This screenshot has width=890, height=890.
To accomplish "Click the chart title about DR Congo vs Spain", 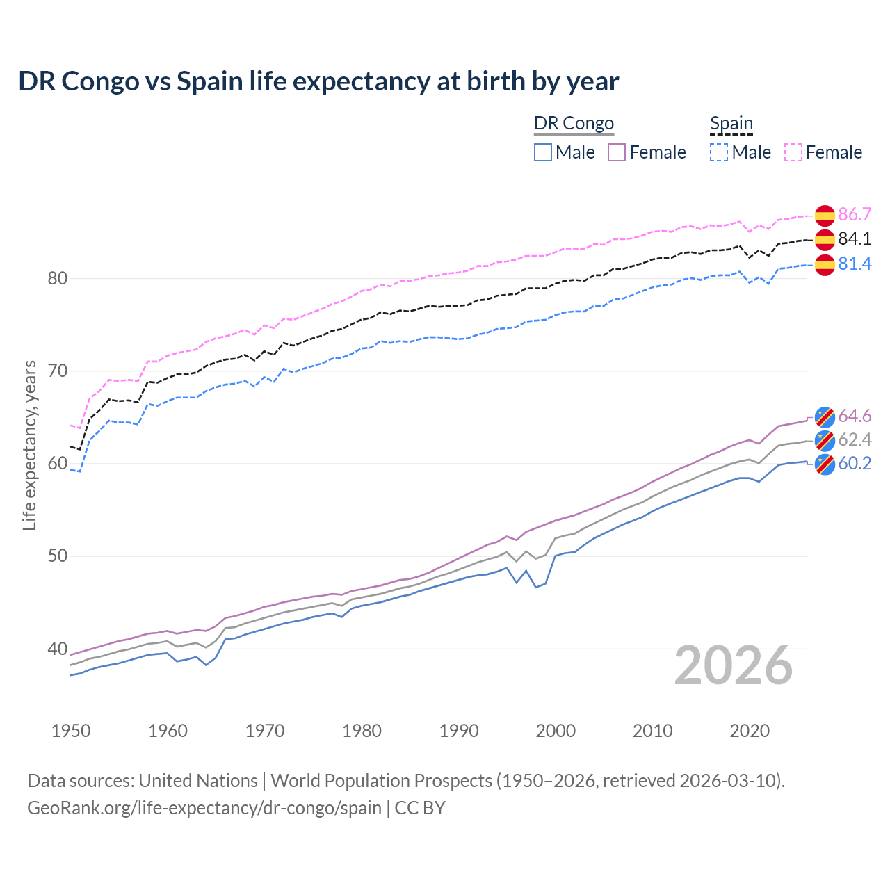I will (x=318, y=81).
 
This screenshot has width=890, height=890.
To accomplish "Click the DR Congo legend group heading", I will (x=574, y=123).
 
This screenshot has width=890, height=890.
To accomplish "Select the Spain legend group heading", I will (x=731, y=123).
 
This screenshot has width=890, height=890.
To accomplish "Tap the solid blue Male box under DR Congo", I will (x=543, y=152).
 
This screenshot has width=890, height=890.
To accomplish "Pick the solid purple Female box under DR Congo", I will (x=617, y=152).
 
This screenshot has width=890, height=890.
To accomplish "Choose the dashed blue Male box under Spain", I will (x=719, y=152).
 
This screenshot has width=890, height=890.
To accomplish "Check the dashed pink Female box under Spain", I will (x=793, y=152).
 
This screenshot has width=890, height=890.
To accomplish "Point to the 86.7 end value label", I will (x=855, y=214).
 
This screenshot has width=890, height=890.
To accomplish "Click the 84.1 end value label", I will (x=855, y=238).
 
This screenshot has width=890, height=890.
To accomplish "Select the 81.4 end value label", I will (x=855, y=264).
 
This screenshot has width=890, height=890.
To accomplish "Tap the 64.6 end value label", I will (x=855, y=416).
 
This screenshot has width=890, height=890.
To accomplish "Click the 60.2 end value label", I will (x=855, y=463).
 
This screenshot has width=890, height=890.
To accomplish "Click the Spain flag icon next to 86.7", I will (x=825, y=216).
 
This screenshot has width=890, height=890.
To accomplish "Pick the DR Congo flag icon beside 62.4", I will (x=825, y=440).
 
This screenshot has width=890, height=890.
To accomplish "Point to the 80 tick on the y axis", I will (x=58, y=278).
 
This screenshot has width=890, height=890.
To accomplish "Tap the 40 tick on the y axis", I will (x=58, y=649).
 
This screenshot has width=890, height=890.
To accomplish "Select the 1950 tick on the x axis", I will (x=71, y=731).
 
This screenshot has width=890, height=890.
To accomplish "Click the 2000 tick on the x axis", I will (x=556, y=731).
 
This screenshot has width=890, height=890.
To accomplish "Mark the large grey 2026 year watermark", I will (x=734, y=665).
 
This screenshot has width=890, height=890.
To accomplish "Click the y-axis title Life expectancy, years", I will (x=30, y=445).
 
